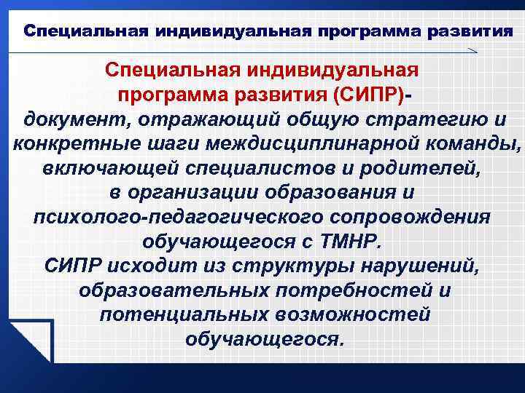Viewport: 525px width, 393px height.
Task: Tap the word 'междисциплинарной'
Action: pyautogui.click(x=305, y=143)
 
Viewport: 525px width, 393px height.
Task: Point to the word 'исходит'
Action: pyautogui.click(x=150, y=267)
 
